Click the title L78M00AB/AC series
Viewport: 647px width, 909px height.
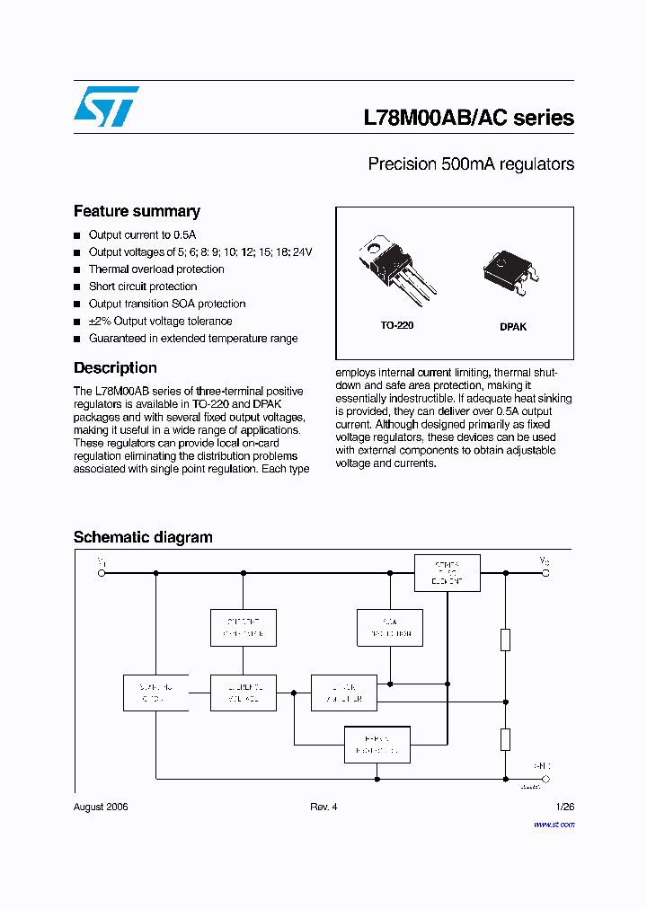pos(468,118)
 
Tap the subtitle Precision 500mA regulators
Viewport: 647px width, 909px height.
pos(471,164)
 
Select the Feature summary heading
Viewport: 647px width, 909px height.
pos(137,211)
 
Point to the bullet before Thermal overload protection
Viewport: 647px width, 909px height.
pos(77,269)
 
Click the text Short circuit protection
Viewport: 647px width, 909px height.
pos(143,287)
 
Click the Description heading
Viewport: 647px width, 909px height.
pos(115,367)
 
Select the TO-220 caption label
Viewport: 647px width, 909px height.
pos(396,325)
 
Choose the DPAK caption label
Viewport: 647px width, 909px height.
pos(513,327)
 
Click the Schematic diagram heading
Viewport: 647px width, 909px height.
pos(143,537)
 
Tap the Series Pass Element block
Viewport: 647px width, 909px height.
pos(447,573)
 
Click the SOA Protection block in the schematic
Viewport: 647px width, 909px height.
pos(389,628)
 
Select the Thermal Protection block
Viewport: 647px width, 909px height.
pos(377,744)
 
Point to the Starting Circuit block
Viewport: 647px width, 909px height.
pos(155,692)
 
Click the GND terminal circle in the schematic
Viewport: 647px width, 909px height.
pos(545,779)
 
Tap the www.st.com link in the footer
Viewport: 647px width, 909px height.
pos(557,823)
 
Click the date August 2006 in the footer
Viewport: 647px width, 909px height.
pos(101,807)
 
